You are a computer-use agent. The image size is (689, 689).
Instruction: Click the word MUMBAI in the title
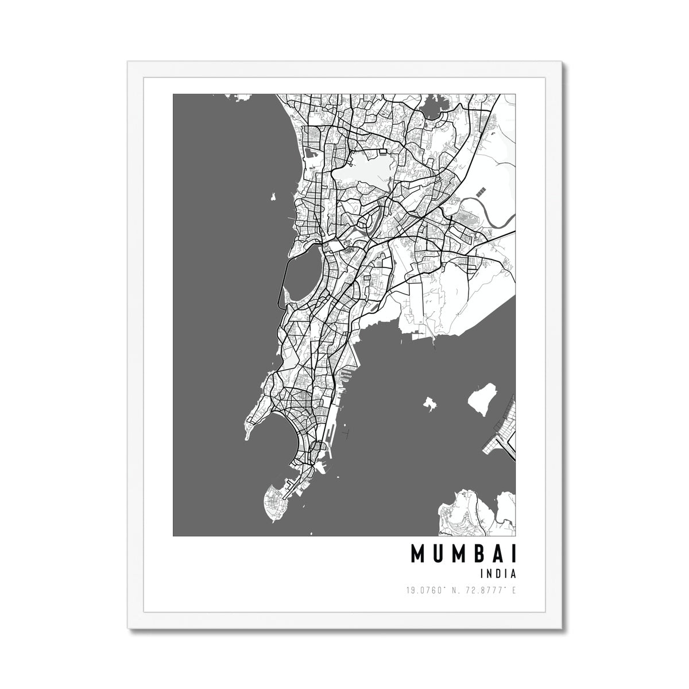pyautogui.click(x=463, y=554)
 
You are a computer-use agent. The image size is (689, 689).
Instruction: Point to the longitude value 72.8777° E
pyautogui.click(x=491, y=590)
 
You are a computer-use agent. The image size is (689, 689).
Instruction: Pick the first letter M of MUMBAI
pyautogui.click(x=417, y=554)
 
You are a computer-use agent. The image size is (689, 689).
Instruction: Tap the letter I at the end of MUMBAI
pyautogui.click(x=513, y=554)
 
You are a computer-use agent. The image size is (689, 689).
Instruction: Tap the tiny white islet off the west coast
pyautogui.click(x=272, y=199)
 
